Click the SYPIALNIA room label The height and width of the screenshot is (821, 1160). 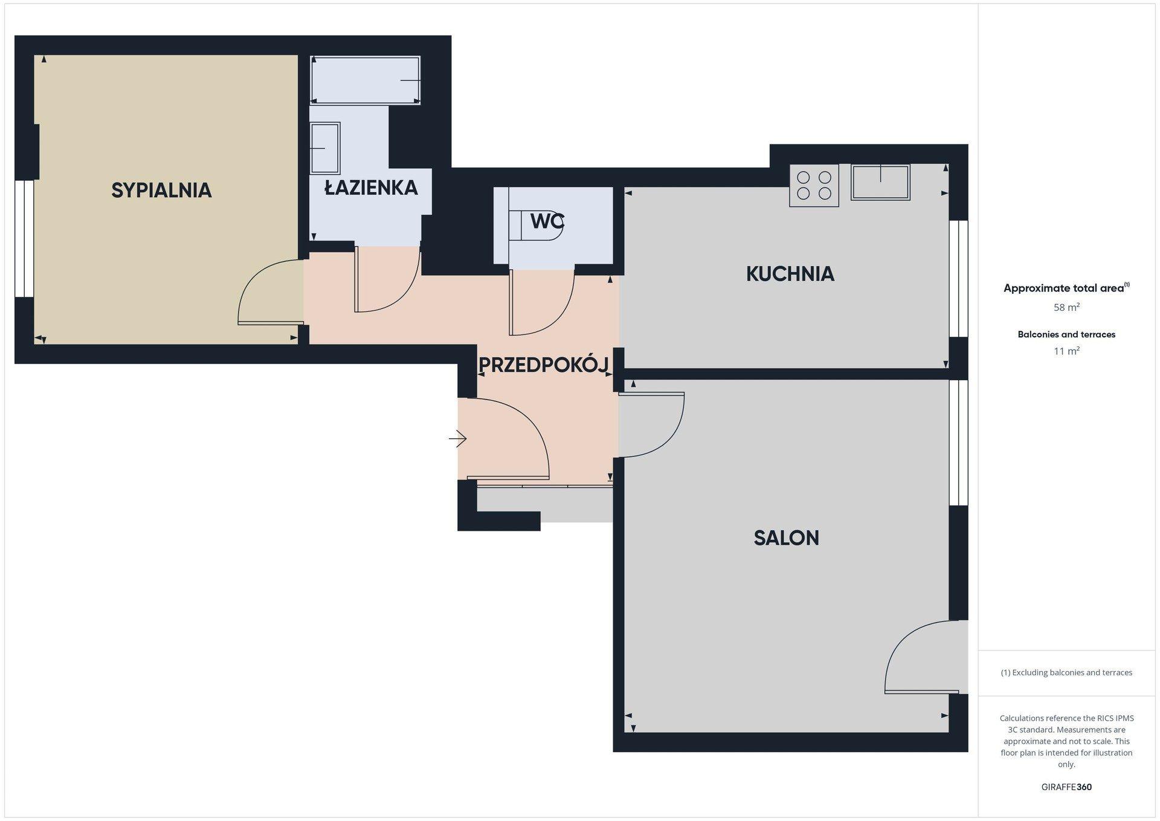pyautogui.click(x=161, y=190)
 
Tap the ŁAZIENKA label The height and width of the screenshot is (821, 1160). pyautogui.click(x=371, y=187)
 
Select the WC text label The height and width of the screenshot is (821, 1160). pyautogui.click(x=547, y=222)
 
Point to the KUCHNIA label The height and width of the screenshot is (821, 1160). pyautogui.click(x=790, y=274)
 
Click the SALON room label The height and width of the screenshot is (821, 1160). pyautogui.click(x=787, y=538)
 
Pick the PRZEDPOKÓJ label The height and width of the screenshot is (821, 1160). pyautogui.click(x=543, y=365)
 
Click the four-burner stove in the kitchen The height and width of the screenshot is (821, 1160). pyautogui.click(x=814, y=186)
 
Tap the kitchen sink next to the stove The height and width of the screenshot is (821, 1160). pyautogui.click(x=880, y=182)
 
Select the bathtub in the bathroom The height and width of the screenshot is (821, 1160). pyautogui.click(x=365, y=80)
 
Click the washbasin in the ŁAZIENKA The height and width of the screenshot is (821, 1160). pyautogui.click(x=325, y=148)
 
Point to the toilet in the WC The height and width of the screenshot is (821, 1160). pyautogui.click(x=536, y=226)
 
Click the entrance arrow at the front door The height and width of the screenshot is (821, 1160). pyautogui.click(x=458, y=438)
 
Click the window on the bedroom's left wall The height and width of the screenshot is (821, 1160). pyautogui.click(x=24, y=239)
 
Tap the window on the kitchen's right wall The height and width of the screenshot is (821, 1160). pyautogui.click(x=958, y=279)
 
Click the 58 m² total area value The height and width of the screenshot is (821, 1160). pyautogui.click(x=1066, y=307)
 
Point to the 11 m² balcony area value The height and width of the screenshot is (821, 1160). pyautogui.click(x=1066, y=351)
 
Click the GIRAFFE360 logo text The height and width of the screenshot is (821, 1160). pyautogui.click(x=1066, y=787)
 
